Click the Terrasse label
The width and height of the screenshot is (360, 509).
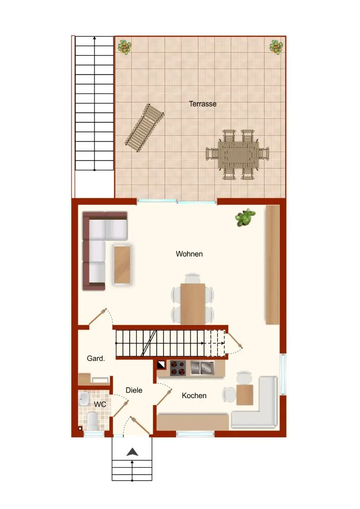click(x=202, y=104)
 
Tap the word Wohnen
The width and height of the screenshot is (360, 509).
click(x=189, y=254)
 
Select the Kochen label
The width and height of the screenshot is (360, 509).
click(x=194, y=395)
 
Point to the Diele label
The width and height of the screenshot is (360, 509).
click(x=134, y=390)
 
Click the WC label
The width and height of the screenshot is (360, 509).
click(x=100, y=404)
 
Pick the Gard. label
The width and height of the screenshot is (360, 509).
click(x=96, y=358)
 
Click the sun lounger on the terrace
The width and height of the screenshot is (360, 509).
click(x=145, y=128)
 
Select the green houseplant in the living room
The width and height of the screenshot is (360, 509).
click(x=245, y=217)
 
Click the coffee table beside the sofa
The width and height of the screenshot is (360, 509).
click(x=122, y=264)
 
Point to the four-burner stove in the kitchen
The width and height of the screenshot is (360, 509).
click(x=178, y=368)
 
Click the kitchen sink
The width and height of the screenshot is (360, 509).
click(x=202, y=368)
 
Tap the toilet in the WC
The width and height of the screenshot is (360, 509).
click(x=92, y=421)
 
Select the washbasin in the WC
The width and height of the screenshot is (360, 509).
click(x=84, y=399)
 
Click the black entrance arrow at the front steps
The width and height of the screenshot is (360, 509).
click(x=132, y=451)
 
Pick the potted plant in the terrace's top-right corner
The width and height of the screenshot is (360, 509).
click(x=276, y=47)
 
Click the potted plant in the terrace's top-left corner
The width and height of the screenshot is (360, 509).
click(x=125, y=47)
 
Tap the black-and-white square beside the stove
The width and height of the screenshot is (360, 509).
click(x=161, y=365)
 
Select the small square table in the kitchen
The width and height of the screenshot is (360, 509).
click(x=245, y=395)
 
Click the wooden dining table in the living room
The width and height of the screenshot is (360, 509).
click(x=193, y=304)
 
